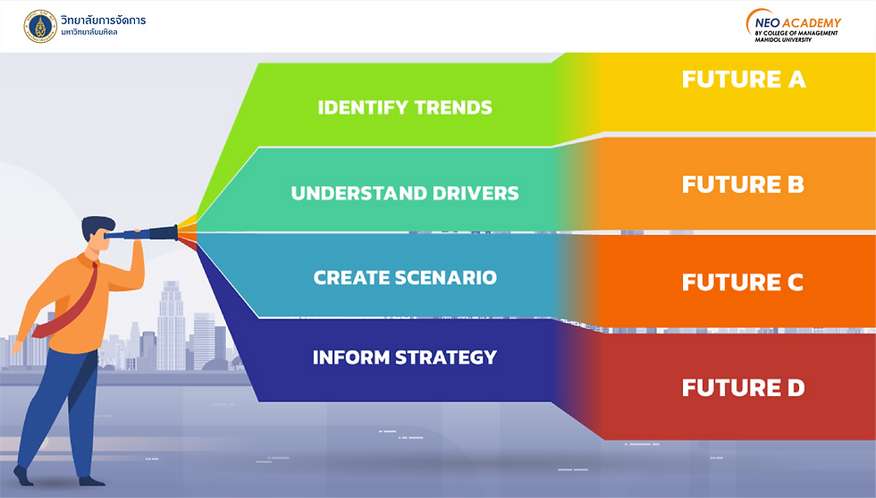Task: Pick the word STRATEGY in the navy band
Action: pos(446,357)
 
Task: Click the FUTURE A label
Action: pos(744,80)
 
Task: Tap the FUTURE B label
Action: pos(743,184)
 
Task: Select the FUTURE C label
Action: pos(743,283)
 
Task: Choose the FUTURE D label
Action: pos(743,387)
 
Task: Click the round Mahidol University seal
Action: pos(40,26)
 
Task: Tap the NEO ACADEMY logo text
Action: pos(797,23)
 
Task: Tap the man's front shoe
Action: pos(92,481)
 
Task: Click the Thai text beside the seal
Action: pos(104,25)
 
